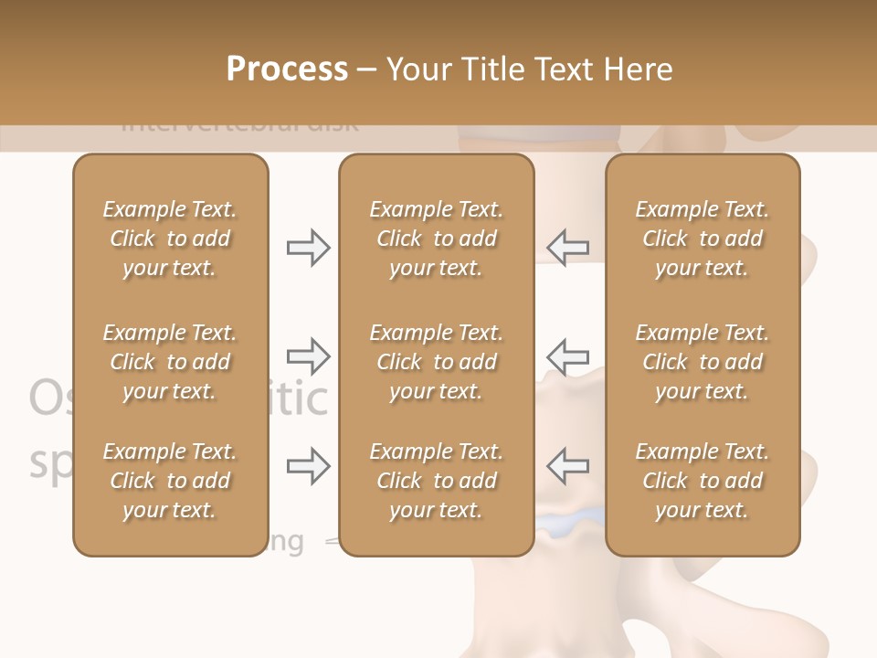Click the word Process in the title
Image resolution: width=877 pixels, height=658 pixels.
point(287,69)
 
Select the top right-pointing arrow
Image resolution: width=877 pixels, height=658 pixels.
point(308,248)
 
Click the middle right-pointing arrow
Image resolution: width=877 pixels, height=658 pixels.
point(308,356)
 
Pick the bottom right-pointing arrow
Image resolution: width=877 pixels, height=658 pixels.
point(308,466)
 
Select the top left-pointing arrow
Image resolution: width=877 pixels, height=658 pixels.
point(568,248)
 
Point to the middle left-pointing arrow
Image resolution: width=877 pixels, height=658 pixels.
point(568,356)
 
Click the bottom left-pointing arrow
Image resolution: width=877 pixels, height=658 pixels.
point(568,466)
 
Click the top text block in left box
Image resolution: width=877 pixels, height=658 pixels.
point(170,239)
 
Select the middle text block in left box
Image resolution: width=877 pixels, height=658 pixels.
point(170,362)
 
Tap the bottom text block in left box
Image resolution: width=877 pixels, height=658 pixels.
point(170,481)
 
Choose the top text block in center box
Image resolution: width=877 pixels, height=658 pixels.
point(436,239)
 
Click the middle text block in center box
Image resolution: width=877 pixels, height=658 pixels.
point(436,362)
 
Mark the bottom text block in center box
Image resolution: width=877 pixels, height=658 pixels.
point(436,481)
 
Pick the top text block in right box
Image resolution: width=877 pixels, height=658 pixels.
point(703,239)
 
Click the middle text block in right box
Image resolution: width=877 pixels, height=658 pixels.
point(703,362)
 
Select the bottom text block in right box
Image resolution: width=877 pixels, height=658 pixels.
point(703,481)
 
